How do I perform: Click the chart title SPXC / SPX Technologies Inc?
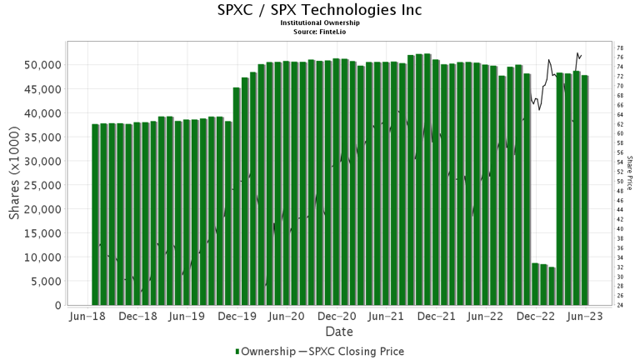tap(320, 10)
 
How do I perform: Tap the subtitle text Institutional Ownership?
tap(320, 23)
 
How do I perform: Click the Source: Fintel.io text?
tap(320, 31)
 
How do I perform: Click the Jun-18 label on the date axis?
tap(88, 317)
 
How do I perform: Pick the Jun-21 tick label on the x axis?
tap(386, 317)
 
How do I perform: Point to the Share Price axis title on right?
tap(630, 172)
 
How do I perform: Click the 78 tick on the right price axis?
tap(620, 48)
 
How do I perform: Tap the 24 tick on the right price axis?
tap(620, 305)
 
